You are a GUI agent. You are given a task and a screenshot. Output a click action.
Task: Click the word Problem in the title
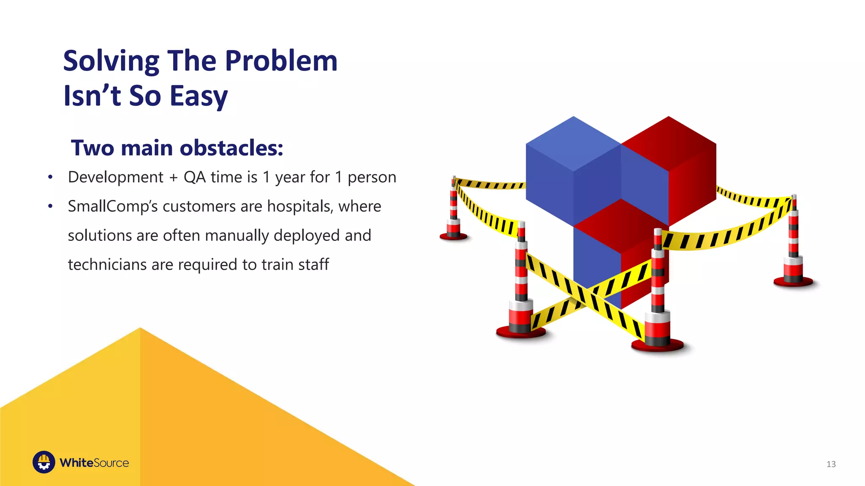(x=281, y=61)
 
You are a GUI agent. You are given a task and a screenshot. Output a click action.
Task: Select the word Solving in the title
(x=111, y=61)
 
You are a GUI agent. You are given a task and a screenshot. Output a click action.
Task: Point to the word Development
(x=115, y=177)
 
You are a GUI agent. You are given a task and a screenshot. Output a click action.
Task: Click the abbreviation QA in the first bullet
(x=194, y=177)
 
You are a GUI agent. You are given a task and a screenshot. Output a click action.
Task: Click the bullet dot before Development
(x=50, y=177)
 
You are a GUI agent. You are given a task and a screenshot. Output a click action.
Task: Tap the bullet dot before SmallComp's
(x=50, y=206)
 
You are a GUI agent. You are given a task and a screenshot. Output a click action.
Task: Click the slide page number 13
(x=831, y=464)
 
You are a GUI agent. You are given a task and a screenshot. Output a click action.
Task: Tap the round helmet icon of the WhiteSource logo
(x=44, y=462)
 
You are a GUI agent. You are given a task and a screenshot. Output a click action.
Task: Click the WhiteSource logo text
(x=94, y=463)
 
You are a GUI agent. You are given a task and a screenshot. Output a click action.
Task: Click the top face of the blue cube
(x=573, y=143)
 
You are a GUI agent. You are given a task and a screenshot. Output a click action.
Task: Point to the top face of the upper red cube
(x=669, y=143)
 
